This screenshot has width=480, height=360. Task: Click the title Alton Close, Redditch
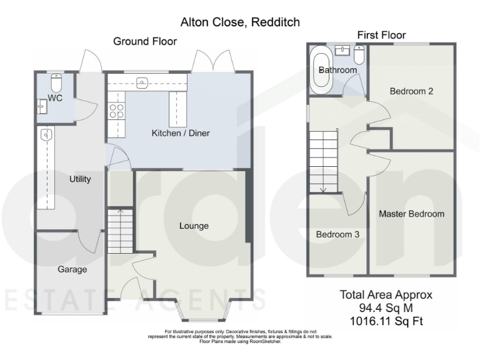(240, 22)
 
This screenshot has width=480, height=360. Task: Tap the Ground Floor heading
(144, 41)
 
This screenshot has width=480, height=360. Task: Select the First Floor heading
(381, 35)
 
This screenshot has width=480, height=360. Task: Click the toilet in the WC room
(56, 83)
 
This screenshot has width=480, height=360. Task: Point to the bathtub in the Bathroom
(319, 70)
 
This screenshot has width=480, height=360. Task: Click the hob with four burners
(117, 111)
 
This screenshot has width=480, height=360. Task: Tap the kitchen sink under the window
(142, 81)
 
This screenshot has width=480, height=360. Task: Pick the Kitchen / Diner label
(181, 133)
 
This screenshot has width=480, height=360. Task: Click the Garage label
(72, 269)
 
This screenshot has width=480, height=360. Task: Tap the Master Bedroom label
(411, 214)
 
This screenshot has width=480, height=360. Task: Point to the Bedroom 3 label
(337, 235)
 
